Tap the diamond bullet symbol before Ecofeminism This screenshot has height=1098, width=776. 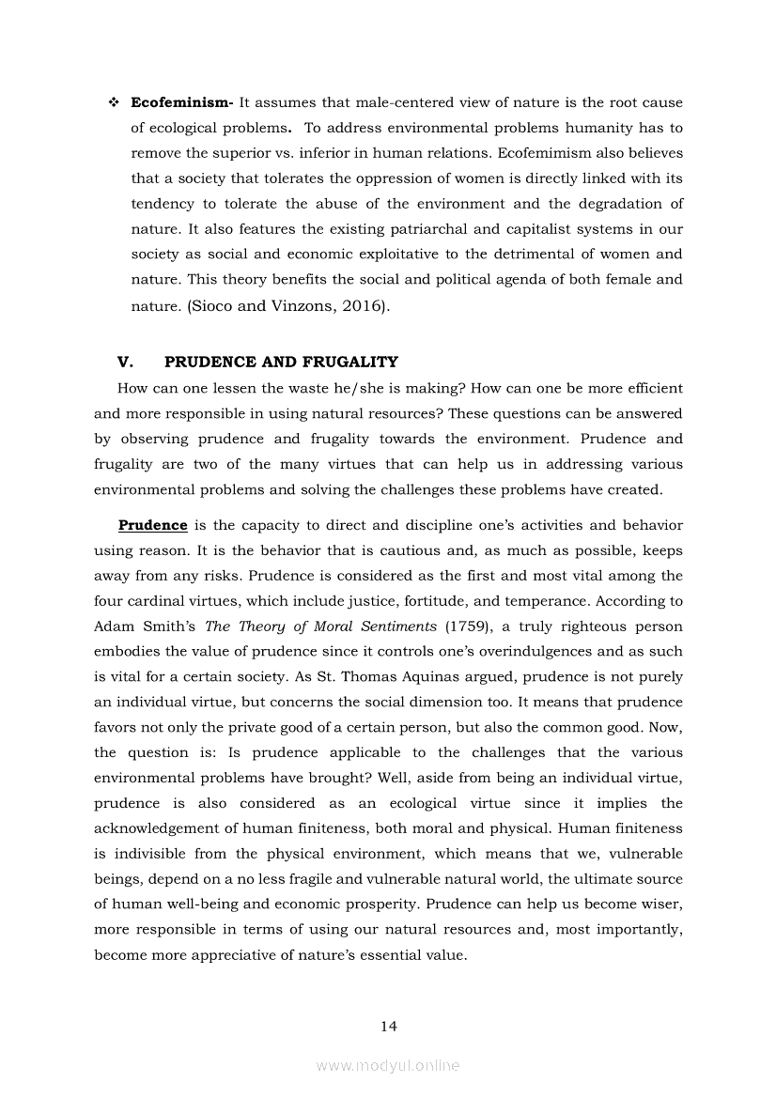[113, 102]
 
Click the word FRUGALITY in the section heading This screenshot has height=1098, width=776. [349, 362]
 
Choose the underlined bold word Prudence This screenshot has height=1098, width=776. [152, 525]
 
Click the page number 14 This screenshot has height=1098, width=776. [388, 1026]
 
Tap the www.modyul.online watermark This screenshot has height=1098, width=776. [388, 1065]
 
